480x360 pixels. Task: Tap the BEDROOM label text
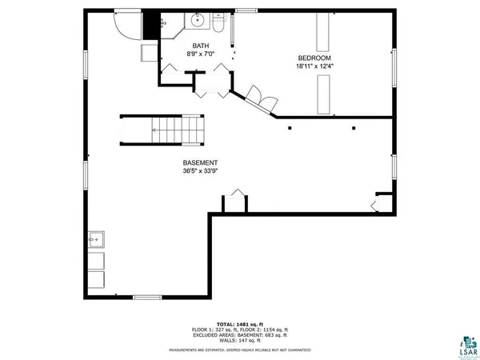click(x=314, y=58)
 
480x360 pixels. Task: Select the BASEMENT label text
click(x=200, y=162)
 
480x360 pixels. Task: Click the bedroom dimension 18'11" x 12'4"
click(x=314, y=67)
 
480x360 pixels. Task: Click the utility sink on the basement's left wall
click(x=95, y=238)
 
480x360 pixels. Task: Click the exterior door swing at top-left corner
click(x=126, y=24)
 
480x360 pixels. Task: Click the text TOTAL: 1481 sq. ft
click(x=239, y=323)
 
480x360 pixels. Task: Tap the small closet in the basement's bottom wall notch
click(x=234, y=202)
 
